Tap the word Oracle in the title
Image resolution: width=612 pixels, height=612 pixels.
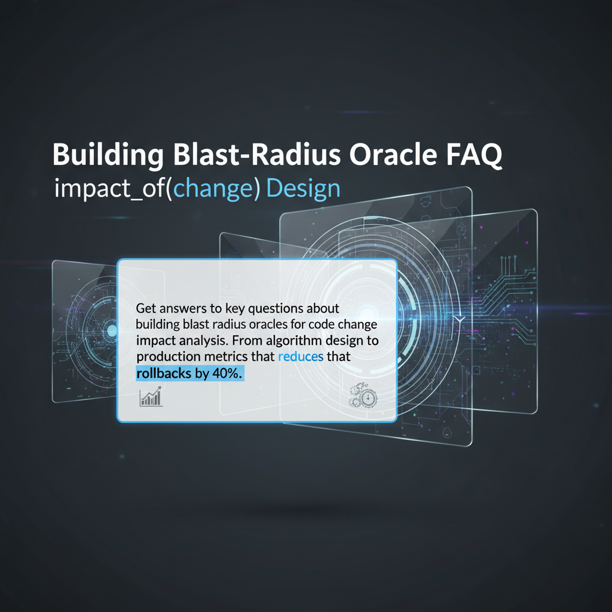[x=393, y=155]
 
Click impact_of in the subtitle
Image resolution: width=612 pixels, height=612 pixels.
[x=111, y=189]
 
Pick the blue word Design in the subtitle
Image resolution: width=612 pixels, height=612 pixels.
[x=303, y=189]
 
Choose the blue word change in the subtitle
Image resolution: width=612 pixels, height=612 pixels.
[x=213, y=189]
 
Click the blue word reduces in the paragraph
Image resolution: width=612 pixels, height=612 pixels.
[x=301, y=356]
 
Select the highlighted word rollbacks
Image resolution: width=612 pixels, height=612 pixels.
[x=164, y=374]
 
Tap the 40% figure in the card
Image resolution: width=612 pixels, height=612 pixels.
[x=227, y=374]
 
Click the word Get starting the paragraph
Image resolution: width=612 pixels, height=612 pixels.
[x=146, y=308]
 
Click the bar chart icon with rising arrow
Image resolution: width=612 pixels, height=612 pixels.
[x=151, y=397]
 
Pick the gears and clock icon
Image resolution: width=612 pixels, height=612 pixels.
[x=363, y=396]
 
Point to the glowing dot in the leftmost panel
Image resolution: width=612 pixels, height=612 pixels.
[x=112, y=331]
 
